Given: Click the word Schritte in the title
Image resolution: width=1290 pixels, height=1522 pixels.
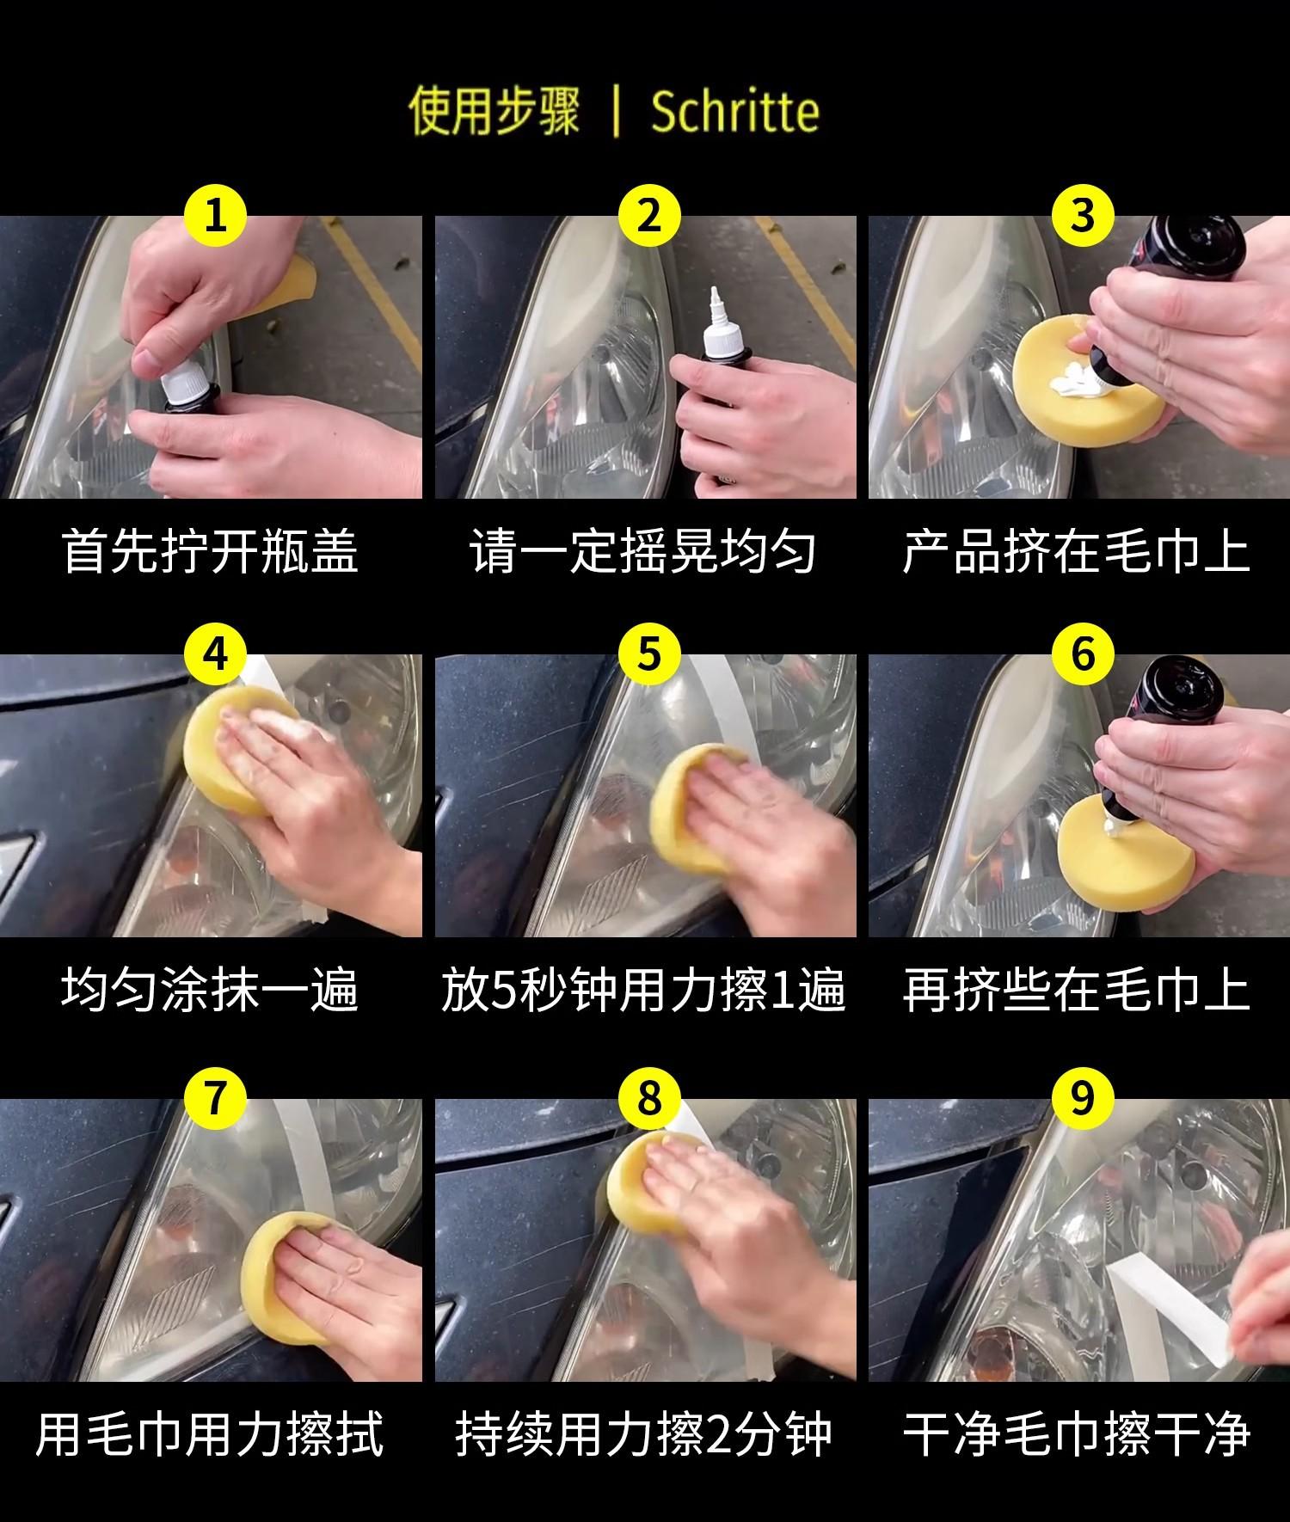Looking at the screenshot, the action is point(735,112).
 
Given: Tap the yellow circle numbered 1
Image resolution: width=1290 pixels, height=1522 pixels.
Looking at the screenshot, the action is point(216,214).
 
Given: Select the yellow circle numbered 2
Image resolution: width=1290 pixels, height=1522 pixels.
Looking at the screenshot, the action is point(649,214).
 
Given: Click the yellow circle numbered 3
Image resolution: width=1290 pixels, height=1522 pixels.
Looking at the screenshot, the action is point(1083,214).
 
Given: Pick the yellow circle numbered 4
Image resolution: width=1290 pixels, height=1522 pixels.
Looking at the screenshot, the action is point(216,654).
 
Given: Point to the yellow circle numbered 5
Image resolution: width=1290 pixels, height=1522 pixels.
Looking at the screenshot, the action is point(649,654).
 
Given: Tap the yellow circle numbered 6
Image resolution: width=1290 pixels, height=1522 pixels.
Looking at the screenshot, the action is point(1083,654).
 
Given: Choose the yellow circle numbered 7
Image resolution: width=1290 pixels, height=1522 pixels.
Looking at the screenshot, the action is point(216,1097).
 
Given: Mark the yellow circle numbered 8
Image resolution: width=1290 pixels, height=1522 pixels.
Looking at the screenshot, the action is point(649,1097).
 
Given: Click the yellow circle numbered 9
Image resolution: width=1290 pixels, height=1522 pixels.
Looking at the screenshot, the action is point(1083,1097).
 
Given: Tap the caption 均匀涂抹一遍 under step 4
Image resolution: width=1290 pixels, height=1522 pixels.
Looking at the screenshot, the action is point(211,990).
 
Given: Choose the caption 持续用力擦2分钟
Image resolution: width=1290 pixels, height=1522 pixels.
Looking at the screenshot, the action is point(643,1433).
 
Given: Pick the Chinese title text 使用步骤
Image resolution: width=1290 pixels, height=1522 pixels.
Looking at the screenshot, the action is point(494,113).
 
